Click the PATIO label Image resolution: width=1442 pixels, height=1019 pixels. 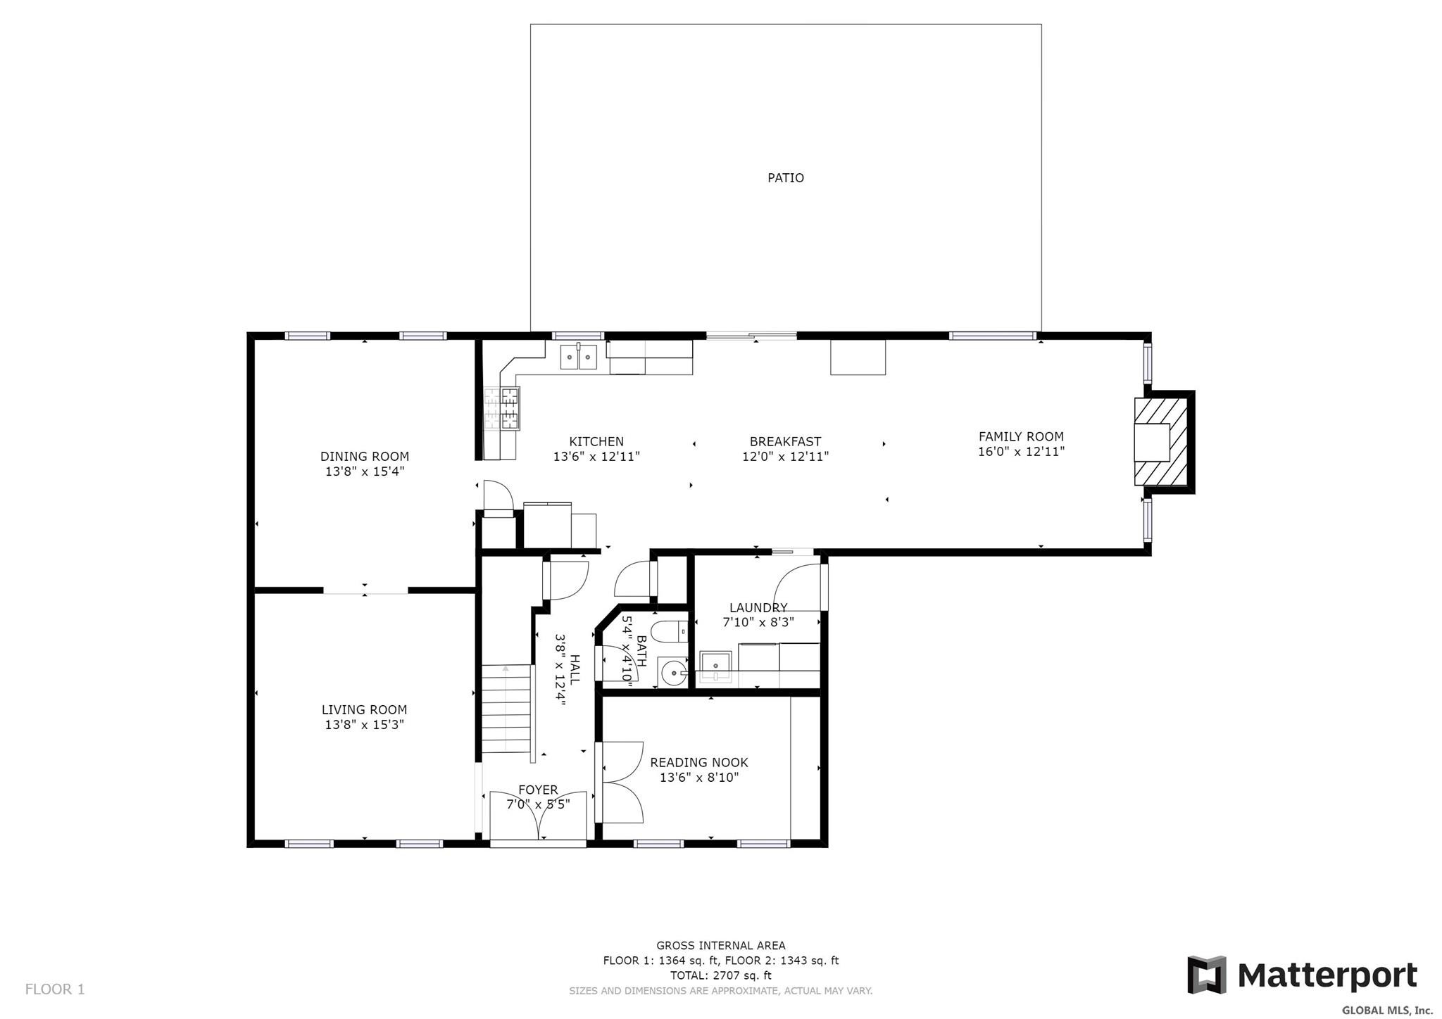pos(785,178)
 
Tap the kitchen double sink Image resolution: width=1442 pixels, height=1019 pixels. pos(578,357)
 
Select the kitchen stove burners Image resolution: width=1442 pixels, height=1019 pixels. pos(510,408)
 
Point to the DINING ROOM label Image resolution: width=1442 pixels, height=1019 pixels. pos(365,457)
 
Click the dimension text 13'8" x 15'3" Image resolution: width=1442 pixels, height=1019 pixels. pos(365,725)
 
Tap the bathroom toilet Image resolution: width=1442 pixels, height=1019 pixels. pos(670,632)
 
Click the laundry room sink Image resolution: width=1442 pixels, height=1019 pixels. pos(716,666)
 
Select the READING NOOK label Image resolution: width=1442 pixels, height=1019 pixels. pos(698,763)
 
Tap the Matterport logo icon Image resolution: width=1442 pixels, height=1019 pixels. pos(1206,975)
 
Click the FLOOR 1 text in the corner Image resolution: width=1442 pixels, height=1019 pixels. pos(55,989)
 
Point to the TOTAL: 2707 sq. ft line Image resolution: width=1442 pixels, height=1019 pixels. pos(720,975)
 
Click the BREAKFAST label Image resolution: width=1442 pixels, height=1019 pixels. pos(785,442)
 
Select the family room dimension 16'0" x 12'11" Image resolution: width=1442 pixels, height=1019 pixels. pos(1021,452)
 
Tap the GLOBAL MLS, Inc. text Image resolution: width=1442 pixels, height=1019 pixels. pos(1387,1011)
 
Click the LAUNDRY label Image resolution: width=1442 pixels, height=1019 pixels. pos(758,608)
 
